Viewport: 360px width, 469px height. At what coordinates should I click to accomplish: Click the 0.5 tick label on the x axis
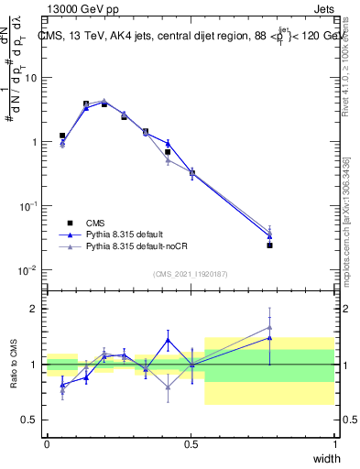pyautogui.click(x=191, y=443)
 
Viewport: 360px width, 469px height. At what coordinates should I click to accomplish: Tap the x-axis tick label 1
pyautogui.click(x=334, y=443)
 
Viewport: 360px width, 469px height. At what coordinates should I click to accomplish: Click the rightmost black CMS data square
pyautogui.click(x=269, y=245)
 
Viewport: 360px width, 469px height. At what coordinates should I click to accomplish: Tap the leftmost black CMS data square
pyautogui.click(x=62, y=136)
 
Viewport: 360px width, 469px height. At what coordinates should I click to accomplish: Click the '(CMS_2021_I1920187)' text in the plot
pyautogui.click(x=191, y=274)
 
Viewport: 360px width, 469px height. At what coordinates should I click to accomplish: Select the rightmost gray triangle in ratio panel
pyautogui.click(x=269, y=327)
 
